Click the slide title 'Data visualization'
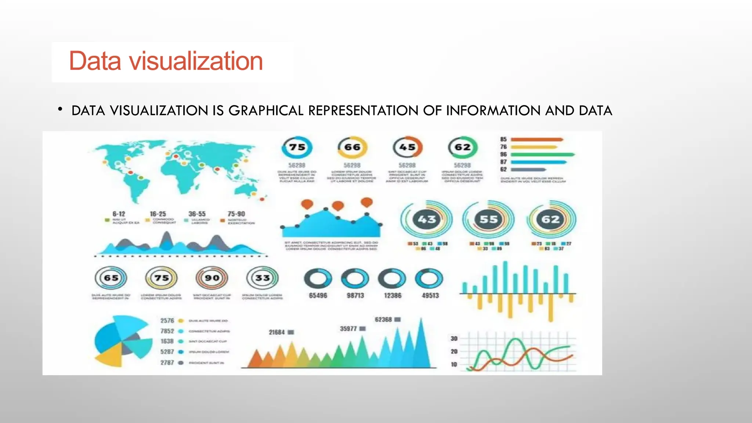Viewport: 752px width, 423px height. [x=166, y=61]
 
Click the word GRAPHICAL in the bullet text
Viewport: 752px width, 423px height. [x=266, y=111]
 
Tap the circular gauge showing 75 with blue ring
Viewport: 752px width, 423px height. [x=297, y=147]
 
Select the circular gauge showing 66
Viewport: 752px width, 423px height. [x=352, y=147]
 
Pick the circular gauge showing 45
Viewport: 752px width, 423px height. [x=407, y=147]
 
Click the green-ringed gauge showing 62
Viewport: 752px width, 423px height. [x=463, y=147]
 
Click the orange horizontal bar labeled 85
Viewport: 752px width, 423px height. [x=536, y=140]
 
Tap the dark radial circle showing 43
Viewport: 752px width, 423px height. [x=427, y=219]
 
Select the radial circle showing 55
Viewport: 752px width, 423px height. [x=488, y=219]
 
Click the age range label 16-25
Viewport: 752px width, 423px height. [x=158, y=214]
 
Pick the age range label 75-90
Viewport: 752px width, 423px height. [x=236, y=214]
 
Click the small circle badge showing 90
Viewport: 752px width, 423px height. [x=212, y=278]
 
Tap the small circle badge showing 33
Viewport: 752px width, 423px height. [x=263, y=278]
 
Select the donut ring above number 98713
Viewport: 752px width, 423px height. [x=355, y=279]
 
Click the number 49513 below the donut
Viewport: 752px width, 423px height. [x=430, y=296]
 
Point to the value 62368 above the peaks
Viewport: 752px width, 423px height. [x=383, y=320]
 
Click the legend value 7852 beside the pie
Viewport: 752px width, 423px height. [x=167, y=331]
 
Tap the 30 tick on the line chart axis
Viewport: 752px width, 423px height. [x=454, y=339]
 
